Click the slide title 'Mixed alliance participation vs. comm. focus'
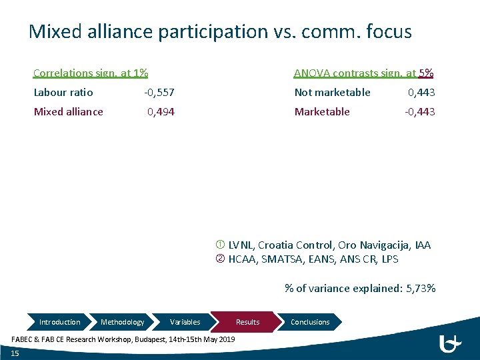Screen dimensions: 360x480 220,31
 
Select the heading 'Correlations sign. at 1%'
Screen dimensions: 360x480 91,73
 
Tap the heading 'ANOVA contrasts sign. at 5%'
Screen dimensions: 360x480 364,73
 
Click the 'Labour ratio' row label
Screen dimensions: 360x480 63,93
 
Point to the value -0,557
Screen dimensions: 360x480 159,93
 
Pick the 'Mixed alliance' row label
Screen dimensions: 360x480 69,112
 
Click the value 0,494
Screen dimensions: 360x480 161,112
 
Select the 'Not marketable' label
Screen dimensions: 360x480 333,93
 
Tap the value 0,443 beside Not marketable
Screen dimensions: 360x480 421,93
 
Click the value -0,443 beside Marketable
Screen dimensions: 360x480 420,112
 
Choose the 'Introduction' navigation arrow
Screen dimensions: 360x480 59,322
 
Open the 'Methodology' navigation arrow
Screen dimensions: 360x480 122,322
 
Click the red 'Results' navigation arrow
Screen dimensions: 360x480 247,322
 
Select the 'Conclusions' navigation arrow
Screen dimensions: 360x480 310,322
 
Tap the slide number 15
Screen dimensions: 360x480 15,353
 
